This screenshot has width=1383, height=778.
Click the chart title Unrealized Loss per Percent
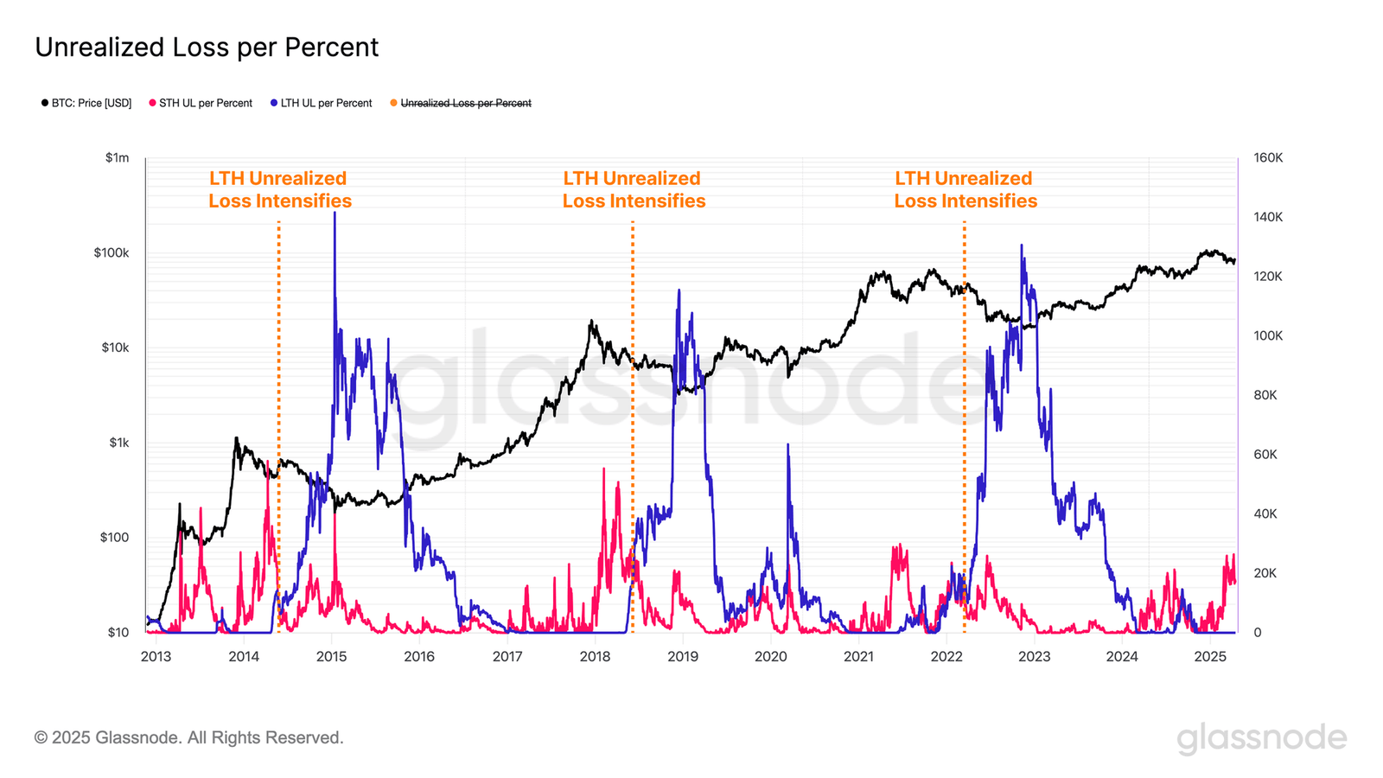click(x=207, y=48)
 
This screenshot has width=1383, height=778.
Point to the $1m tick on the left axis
click(x=118, y=157)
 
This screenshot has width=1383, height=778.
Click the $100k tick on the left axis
click(x=112, y=252)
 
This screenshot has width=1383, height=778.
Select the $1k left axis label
click(x=118, y=443)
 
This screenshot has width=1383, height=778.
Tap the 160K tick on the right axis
click(x=1268, y=157)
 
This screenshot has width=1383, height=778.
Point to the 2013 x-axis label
click(x=156, y=656)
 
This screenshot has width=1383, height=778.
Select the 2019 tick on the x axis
click(x=683, y=656)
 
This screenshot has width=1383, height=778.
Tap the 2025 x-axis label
click(x=1210, y=656)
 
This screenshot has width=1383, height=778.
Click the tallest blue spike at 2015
click(x=335, y=214)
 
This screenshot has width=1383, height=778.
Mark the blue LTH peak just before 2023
click(x=1022, y=246)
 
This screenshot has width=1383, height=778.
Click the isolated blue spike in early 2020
click(x=787, y=446)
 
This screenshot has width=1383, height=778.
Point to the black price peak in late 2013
click(x=236, y=439)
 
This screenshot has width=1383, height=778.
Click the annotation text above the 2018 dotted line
click(x=634, y=189)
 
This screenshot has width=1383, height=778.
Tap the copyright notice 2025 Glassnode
click(x=189, y=737)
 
